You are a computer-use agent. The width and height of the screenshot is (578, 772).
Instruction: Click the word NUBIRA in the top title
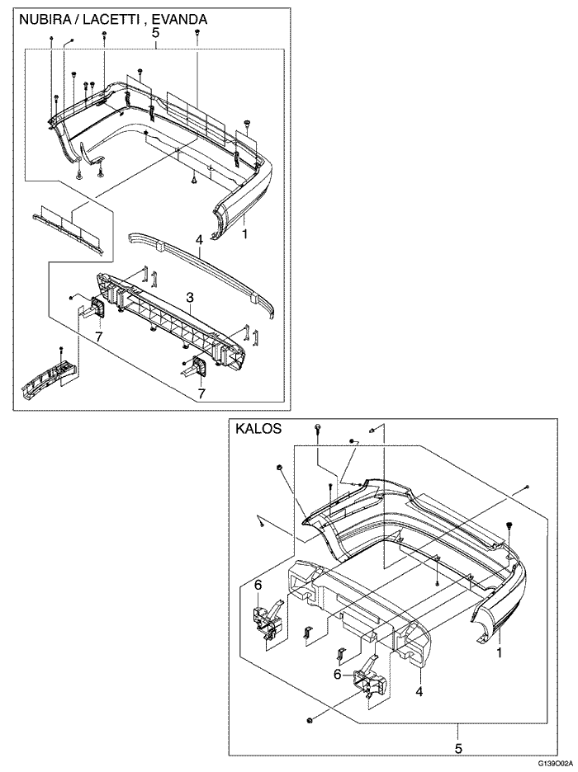click(45, 17)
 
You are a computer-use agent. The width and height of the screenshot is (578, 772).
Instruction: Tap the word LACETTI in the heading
click(112, 17)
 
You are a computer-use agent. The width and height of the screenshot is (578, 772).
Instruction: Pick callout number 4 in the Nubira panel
click(199, 239)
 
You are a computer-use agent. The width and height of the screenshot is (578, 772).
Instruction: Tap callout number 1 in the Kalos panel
click(499, 652)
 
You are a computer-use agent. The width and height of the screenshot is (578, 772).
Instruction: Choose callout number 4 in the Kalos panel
click(419, 691)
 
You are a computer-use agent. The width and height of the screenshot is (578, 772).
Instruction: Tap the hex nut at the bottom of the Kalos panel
click(309, 721)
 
